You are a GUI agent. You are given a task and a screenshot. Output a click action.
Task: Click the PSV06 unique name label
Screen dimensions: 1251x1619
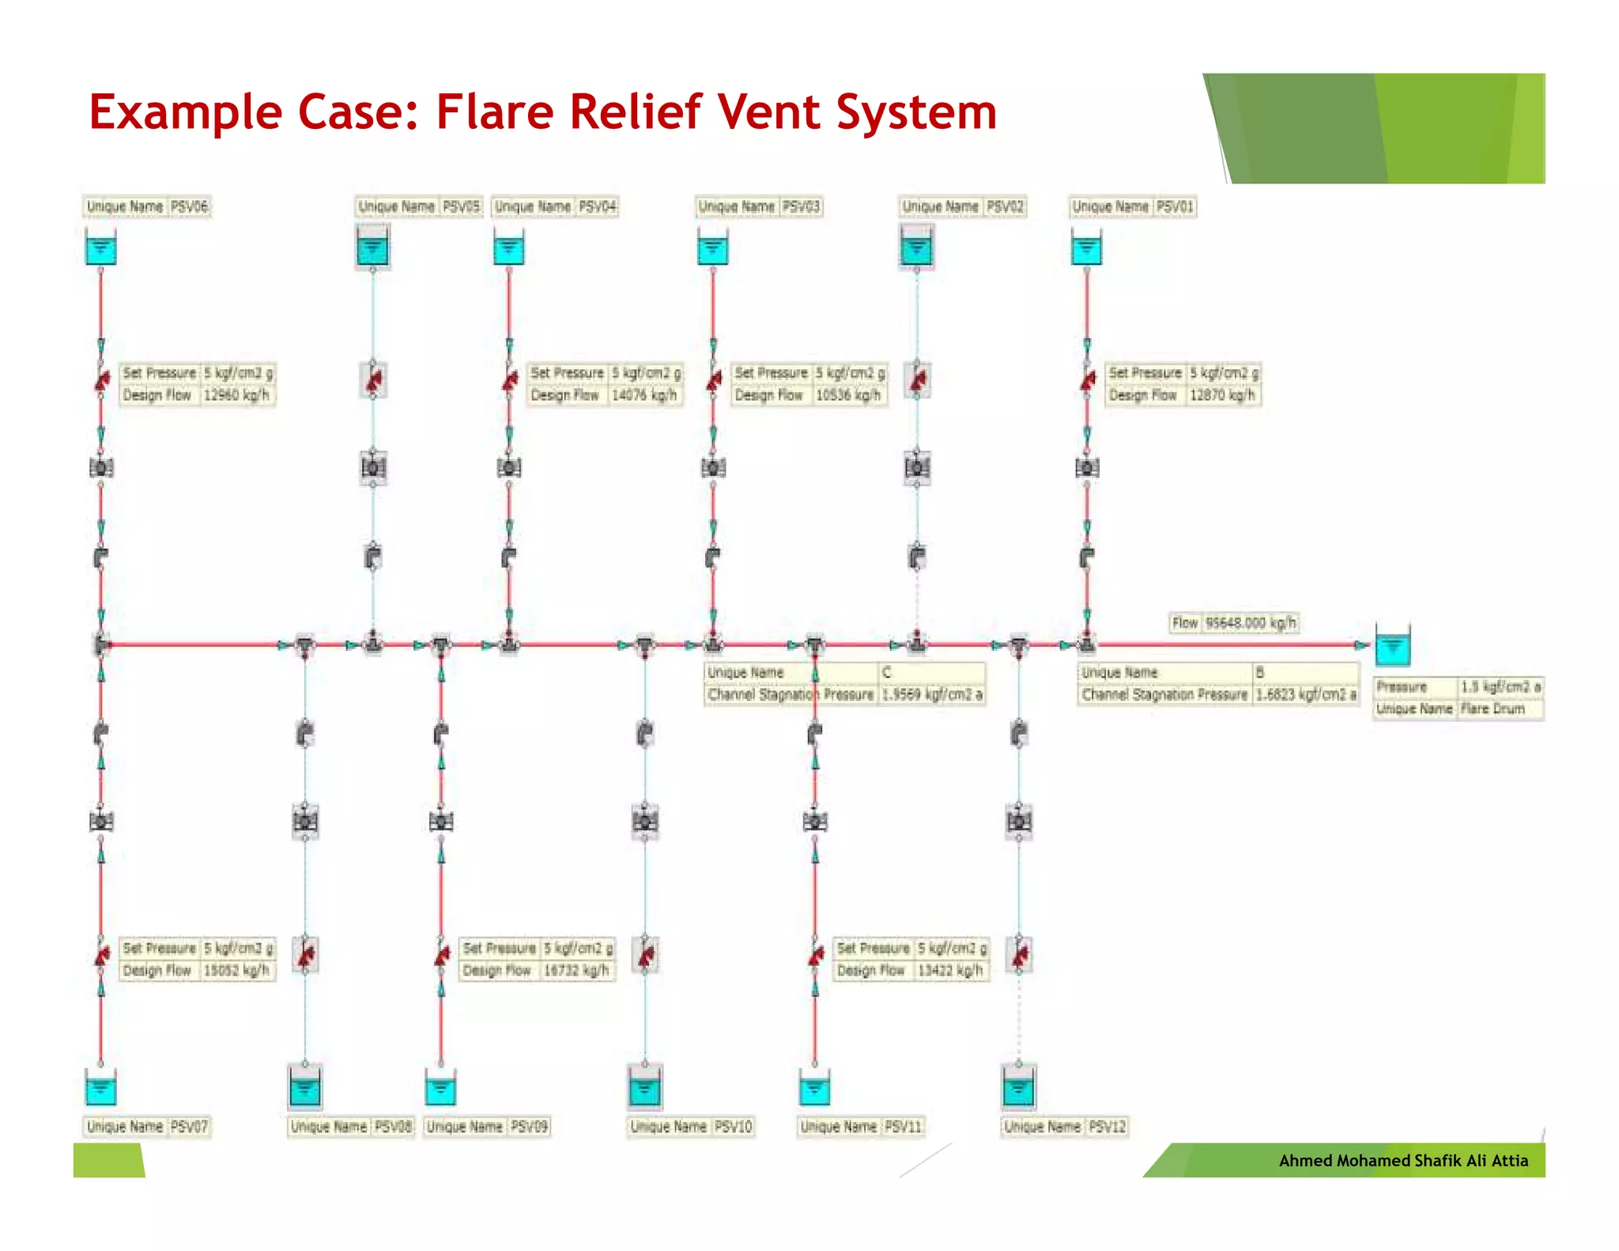147,206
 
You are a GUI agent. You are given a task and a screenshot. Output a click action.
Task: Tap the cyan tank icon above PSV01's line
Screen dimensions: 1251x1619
1086,248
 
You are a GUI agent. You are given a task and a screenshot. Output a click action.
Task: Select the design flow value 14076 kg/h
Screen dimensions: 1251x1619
643,395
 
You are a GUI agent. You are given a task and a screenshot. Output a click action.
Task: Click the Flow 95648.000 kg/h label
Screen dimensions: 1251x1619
1233,622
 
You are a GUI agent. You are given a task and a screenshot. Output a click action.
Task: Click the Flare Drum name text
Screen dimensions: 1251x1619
1493,709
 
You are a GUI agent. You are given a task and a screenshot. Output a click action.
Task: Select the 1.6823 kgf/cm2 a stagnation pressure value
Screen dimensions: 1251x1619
1305,694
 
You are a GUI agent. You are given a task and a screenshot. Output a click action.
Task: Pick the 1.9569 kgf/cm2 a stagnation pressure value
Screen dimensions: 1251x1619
932,694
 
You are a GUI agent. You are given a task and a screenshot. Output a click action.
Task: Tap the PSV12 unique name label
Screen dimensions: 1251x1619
1064,1126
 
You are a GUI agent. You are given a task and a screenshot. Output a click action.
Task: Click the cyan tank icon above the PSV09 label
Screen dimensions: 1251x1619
440,1089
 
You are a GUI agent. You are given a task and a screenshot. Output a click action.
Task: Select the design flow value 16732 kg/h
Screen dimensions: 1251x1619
576,969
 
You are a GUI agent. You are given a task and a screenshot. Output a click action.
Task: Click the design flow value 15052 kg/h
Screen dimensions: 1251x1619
236,969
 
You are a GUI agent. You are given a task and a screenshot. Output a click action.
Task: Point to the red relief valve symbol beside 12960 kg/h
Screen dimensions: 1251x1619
102,382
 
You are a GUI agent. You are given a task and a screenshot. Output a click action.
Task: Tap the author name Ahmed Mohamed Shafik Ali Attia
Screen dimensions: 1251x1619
1403,1160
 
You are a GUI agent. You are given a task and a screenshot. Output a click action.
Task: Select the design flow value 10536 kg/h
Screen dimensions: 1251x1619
847,395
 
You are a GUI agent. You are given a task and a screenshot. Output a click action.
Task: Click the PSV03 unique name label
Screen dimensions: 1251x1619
759,206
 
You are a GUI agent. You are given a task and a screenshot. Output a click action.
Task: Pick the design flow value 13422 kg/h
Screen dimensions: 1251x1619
949,969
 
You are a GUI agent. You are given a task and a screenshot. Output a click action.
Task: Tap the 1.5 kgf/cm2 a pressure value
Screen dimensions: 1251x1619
1500,686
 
